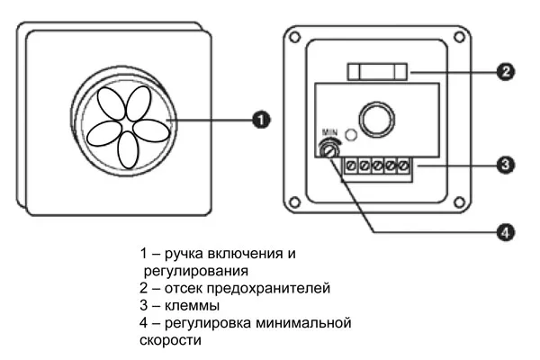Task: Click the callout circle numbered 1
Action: (259, 119)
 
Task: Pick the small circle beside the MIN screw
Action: (350, 136)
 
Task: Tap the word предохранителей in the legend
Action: (280, 288)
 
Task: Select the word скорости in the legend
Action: (169, 340)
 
